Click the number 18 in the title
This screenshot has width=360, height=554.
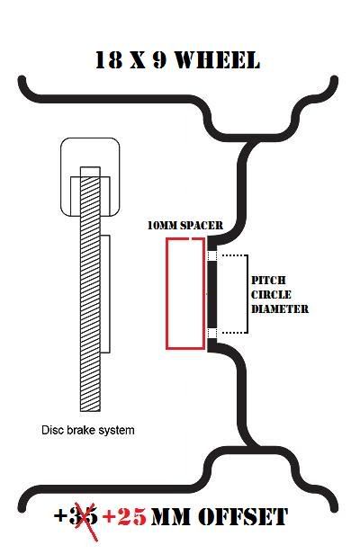pos(109,60)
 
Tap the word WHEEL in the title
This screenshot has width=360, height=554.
pos(218,60)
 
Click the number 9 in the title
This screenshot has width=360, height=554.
pos(159,60)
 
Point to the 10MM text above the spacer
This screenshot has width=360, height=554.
pos(162,226)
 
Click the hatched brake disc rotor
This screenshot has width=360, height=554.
pos(90,289)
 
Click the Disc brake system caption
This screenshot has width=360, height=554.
pos(88,430)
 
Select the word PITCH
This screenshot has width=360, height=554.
pos(268,281)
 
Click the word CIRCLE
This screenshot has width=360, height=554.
pos(271,295)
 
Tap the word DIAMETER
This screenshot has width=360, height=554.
pos(280,309)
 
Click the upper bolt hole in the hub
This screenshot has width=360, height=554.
pos(211,255)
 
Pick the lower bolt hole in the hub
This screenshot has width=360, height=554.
pos(211,333)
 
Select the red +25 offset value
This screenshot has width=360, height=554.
pos(124,518)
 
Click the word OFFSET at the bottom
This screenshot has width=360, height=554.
pos(243,517)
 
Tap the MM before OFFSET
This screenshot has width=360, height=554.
pos(173,517)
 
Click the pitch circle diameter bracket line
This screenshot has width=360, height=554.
pos(247,294)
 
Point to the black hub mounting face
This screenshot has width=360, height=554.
pos(211,294)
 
